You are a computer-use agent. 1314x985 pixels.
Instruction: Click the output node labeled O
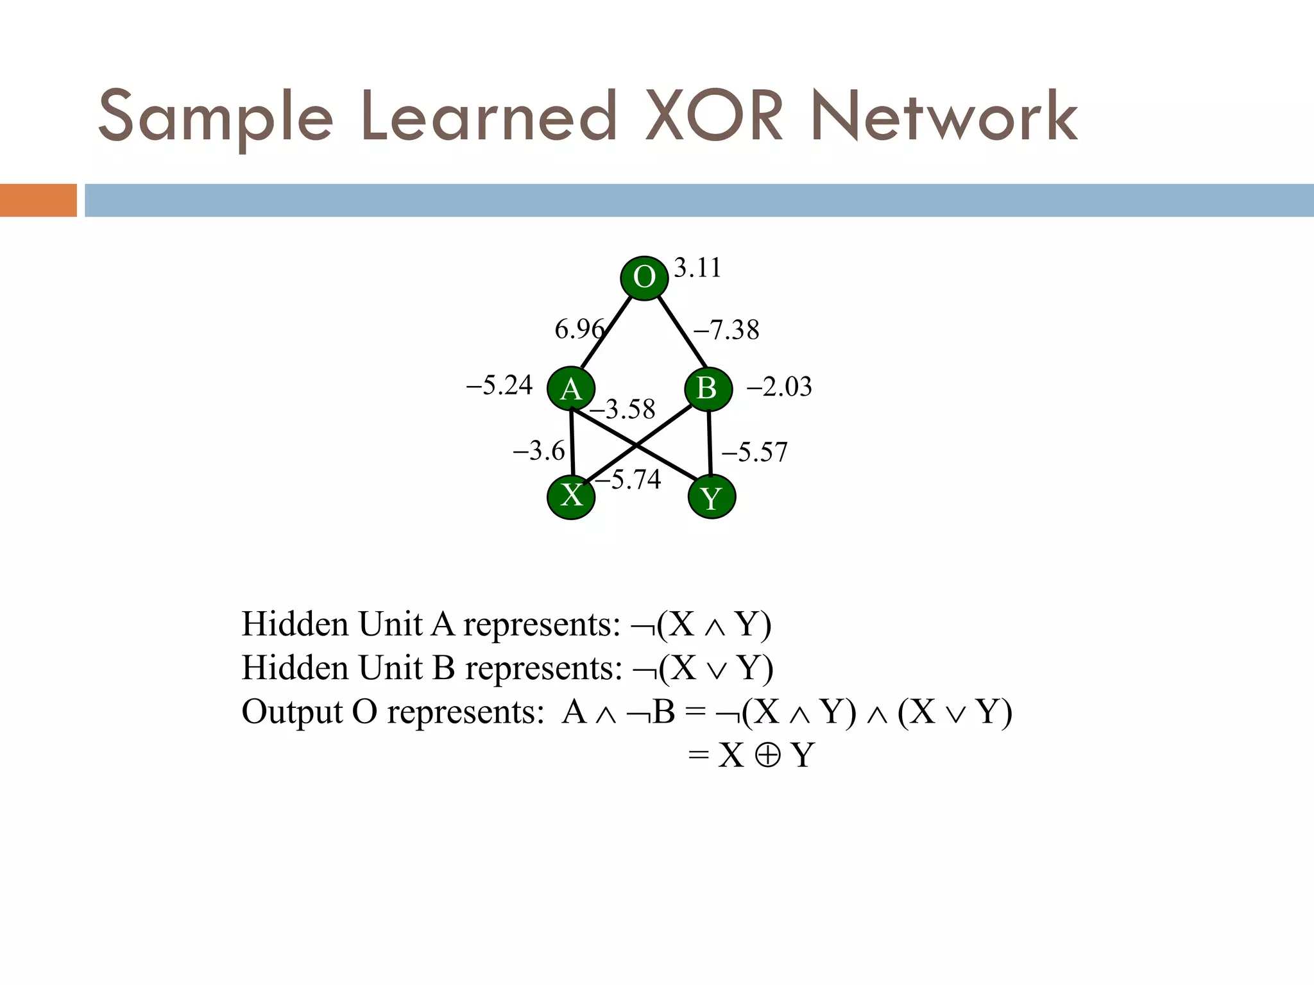644,278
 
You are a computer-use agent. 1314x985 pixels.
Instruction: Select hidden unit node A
571,389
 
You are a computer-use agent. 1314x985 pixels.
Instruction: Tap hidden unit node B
708,388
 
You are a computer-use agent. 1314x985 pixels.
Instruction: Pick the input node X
571,496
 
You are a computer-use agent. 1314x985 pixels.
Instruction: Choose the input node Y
712,496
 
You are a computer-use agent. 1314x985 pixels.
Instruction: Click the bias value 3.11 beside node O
697,267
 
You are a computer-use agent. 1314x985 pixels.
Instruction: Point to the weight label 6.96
579,329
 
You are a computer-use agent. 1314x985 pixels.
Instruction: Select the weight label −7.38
726,330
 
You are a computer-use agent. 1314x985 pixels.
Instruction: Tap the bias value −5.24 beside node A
499,385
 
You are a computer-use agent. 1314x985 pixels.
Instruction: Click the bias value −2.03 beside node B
779,387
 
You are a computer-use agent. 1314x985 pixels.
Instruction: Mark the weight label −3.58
622,409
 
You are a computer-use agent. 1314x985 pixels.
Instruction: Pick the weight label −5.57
755,452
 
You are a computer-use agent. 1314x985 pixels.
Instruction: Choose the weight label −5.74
628,479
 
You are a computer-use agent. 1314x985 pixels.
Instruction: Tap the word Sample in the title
216,117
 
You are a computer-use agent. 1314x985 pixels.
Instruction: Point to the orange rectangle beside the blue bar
38,200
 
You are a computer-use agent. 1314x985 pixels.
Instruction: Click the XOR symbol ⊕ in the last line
767,755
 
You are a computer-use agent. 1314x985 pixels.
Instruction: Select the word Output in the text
292,712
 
